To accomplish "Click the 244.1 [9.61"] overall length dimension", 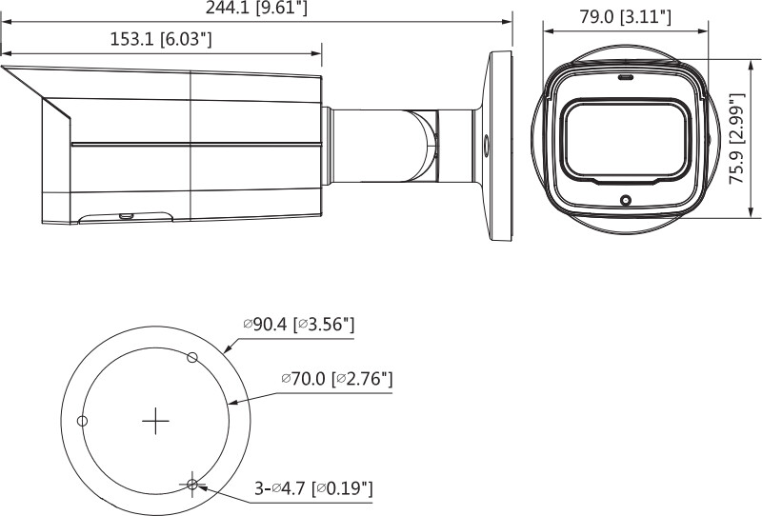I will [256, 10].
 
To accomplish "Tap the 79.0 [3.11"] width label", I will [626, 16].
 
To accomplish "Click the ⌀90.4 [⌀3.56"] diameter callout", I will [299, 325].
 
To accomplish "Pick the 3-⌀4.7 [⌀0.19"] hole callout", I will [312, 488].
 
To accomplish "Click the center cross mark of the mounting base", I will [154, 421].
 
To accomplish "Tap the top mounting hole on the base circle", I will [192, 357].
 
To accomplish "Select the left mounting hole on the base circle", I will [82, 421].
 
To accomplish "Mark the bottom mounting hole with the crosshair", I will [192, 485].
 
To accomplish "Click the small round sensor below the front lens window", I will [626, 200].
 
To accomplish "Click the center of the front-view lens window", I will [626, 139].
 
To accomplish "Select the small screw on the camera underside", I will [125, 216].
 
